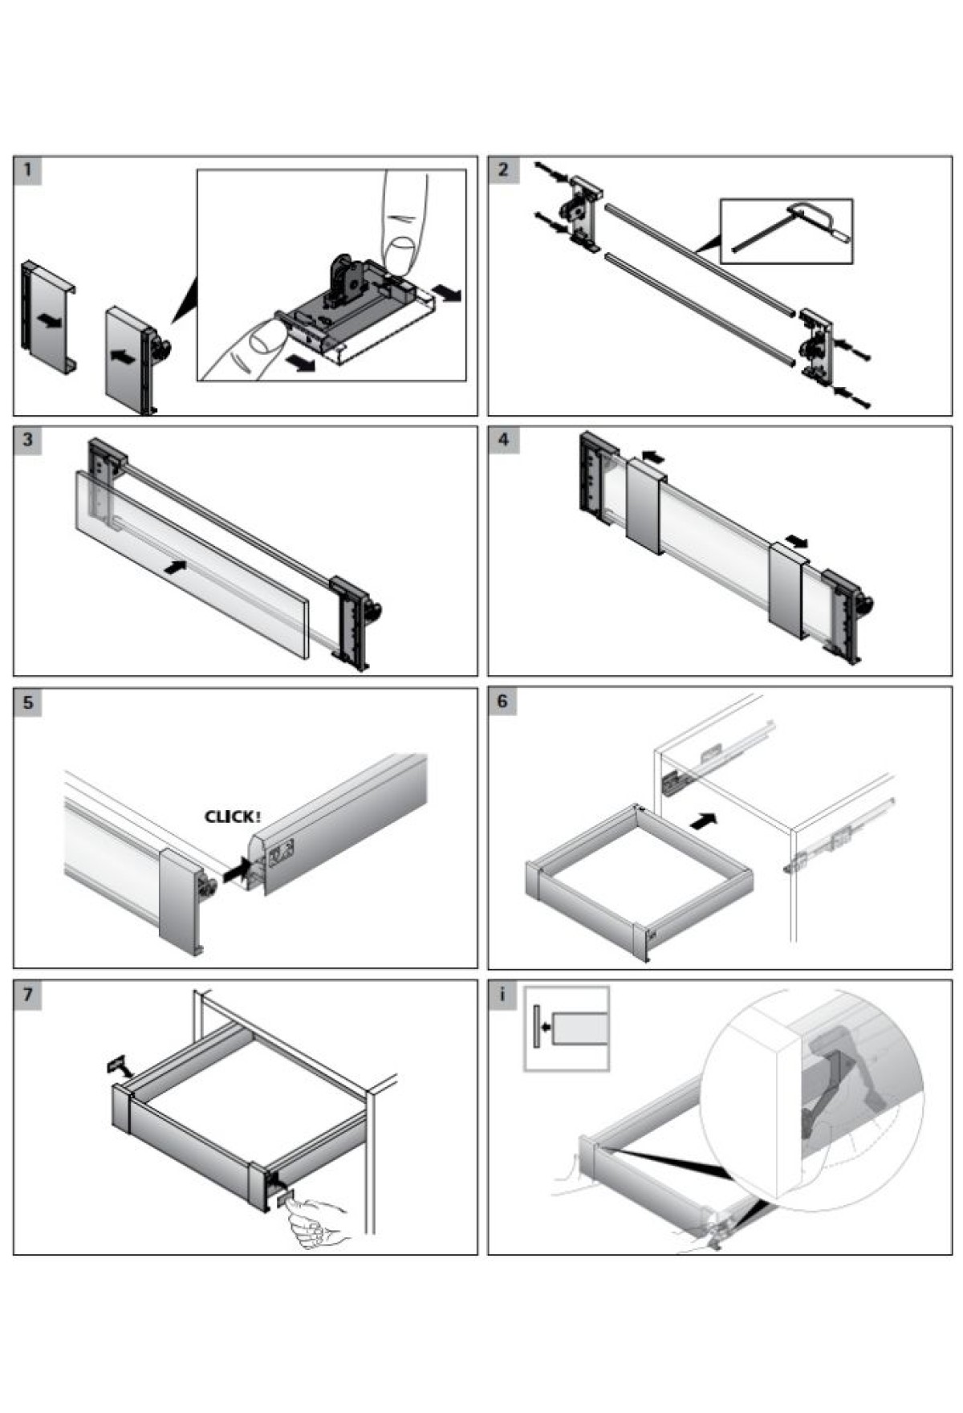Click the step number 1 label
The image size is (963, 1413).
[27, 170]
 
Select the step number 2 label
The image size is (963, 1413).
[503, 170]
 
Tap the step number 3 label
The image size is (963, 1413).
[27, 440]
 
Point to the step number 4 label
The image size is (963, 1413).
[503, 440]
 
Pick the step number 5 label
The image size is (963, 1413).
[27, 702]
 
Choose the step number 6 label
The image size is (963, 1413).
[503, 702]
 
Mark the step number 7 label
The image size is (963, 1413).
[27, 995]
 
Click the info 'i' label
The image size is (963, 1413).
[503, 995]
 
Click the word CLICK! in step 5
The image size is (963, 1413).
[233, 817]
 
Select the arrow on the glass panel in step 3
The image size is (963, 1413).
[174, 567]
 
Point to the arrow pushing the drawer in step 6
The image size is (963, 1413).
[703, 821]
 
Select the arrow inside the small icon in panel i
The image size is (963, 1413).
[547, 1026]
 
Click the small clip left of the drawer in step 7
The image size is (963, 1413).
[117, 1065]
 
